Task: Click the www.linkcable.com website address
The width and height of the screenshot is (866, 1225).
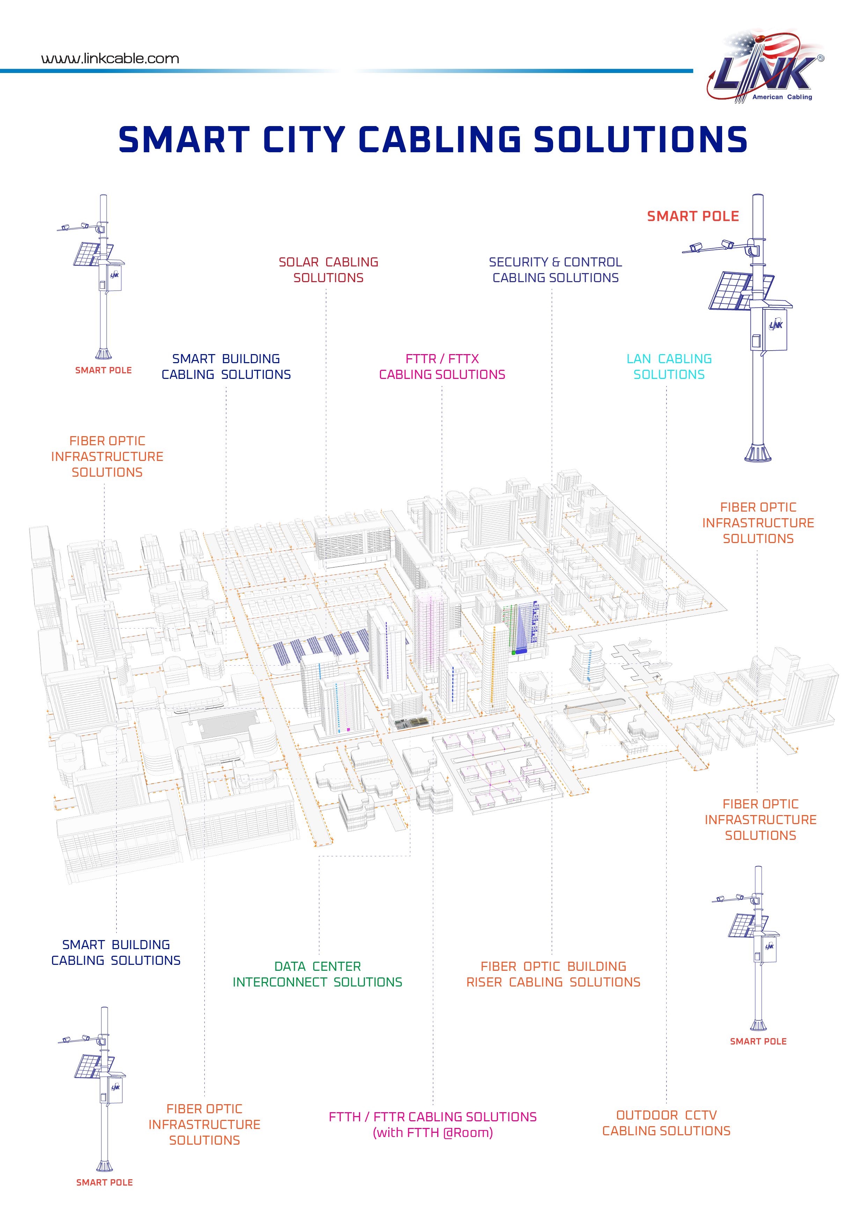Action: tap(110, 58)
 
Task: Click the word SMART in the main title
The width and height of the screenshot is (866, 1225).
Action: tap(184, 140)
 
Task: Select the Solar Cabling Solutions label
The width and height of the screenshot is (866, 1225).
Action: tap(328, 270)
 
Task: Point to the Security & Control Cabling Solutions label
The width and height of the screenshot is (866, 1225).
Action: tap(555, 270)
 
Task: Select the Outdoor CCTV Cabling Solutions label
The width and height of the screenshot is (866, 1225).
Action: tap(666, 1123)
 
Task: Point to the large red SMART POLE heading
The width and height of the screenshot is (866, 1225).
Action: tap(692, 216)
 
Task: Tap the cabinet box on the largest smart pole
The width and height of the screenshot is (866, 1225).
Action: tap(768, 329)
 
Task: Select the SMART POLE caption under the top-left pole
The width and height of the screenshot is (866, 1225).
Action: tap(103, 370)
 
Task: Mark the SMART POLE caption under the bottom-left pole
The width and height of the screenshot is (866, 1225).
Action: tap(104, 1182)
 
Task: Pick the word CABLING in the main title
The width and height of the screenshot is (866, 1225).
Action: tap(440, 140)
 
